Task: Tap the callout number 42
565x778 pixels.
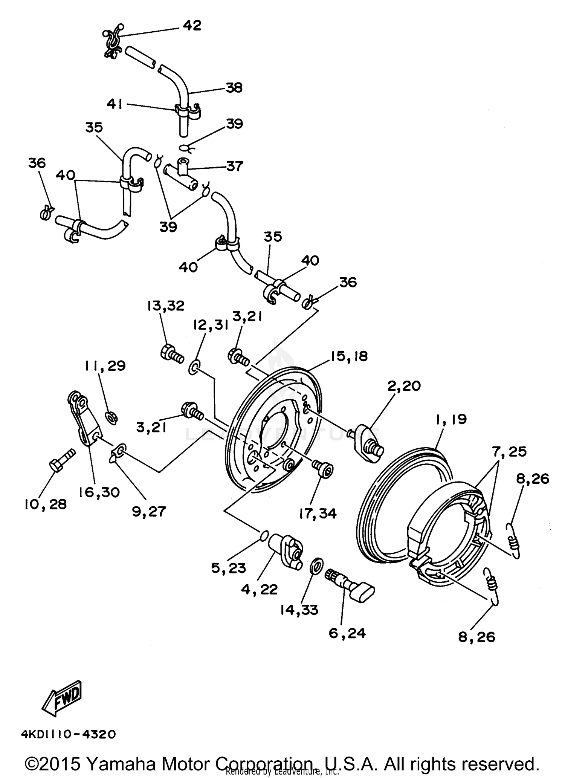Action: (x=192, y=26)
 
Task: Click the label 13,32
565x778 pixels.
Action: (x=166, y=306)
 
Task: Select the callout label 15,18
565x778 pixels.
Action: (x=349, y=356)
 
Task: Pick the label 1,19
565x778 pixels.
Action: (x=451, y=419)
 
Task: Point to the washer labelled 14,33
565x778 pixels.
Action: (x=317, y=566)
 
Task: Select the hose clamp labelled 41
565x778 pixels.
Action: (x=187, y=111)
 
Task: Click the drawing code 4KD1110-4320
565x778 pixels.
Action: (x=68, y=735)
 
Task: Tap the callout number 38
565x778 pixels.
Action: (x=234, y=88)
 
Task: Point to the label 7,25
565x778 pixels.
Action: (x=508, y=451)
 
